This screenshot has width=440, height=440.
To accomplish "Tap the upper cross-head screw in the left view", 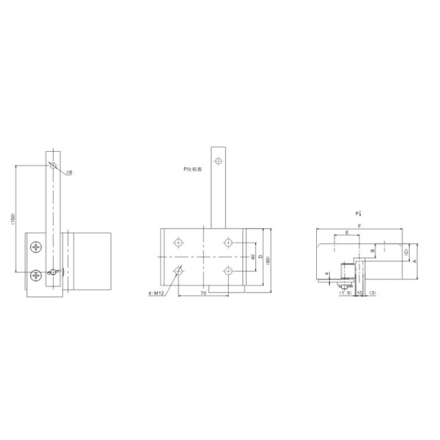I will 37,247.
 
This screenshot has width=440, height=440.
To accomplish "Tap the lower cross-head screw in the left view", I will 37,275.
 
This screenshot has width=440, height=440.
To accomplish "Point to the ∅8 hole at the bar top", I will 53,164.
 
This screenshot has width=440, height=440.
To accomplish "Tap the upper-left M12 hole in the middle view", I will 178,242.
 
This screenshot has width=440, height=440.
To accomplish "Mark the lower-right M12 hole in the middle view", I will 230,271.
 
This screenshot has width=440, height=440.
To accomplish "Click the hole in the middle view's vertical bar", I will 218,161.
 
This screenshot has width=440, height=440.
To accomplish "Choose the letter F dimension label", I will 359,225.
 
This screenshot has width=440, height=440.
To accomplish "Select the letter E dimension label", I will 346,233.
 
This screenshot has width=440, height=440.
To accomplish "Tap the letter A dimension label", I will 414,260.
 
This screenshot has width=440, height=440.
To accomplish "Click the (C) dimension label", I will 406,252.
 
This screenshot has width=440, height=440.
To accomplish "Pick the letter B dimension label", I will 373,250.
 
